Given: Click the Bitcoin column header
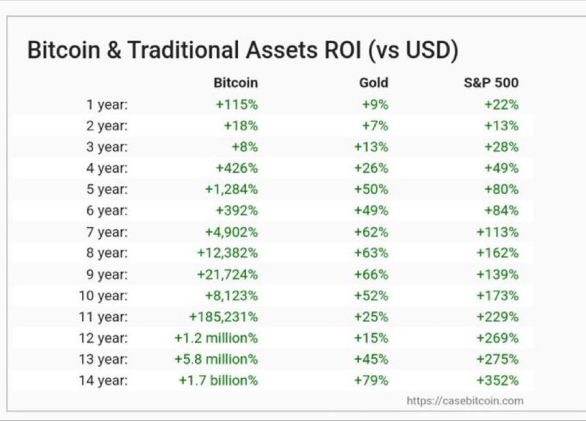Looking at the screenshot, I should pos(235,83).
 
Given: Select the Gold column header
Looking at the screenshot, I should pos(374,83).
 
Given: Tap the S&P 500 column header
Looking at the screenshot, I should pos(491,83).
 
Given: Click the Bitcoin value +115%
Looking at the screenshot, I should pos(237,105).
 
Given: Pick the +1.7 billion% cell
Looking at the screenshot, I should pos(218,381).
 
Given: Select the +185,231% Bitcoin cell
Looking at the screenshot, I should pos(223,317).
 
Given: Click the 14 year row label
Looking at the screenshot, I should pos(103,381).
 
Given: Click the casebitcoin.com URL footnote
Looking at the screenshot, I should pos(465,400).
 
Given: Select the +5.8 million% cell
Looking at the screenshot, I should pos(216,359).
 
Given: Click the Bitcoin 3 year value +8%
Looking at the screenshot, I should pos(245,147).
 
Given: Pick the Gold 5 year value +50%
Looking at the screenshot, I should pos(371,190).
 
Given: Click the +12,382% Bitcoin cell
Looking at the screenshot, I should pos(227,253).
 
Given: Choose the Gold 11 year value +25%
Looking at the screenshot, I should pos(371,317).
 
